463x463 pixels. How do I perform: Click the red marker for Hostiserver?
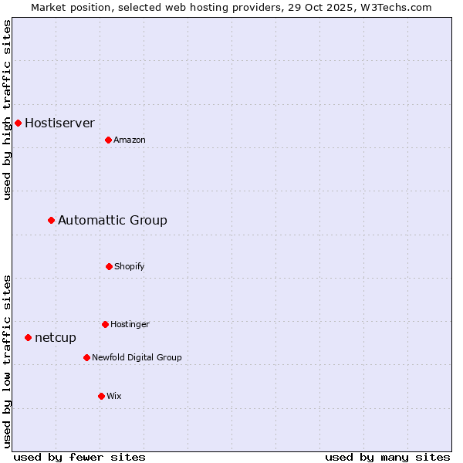18,123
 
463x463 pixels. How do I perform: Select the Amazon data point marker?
108,140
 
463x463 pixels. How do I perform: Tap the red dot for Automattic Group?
51,221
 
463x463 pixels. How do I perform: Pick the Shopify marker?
109,266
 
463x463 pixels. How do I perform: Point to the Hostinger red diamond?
105,324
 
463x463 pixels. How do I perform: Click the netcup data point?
28,337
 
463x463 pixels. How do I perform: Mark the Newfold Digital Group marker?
86,357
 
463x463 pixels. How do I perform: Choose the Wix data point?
101,396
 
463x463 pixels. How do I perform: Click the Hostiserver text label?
59,123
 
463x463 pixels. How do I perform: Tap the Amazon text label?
130,140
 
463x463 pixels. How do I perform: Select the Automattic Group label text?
113,221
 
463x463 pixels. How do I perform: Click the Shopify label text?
130,266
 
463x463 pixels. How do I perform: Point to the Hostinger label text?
130,324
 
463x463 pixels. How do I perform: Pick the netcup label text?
56,337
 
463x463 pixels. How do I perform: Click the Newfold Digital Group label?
137,357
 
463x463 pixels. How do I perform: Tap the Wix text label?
114,396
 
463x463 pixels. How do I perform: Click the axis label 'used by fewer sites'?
79,457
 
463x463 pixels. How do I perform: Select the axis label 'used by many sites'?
387,457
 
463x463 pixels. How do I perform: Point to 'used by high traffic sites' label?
7,110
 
